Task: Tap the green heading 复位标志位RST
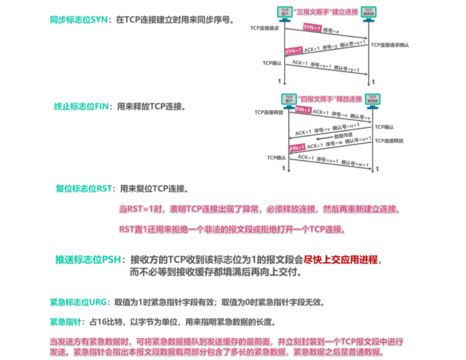pos(84,188)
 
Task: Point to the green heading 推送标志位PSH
pos(90,260)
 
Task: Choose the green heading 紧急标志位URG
pos(80,303)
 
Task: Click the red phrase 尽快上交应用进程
pos(341,260)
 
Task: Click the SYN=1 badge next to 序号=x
pos(312,28)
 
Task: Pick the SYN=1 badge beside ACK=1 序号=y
pos(294,51)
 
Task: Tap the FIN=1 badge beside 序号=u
pos(300,111)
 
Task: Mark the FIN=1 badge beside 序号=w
pos(297,147)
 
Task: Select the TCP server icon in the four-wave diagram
pos(373,99)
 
